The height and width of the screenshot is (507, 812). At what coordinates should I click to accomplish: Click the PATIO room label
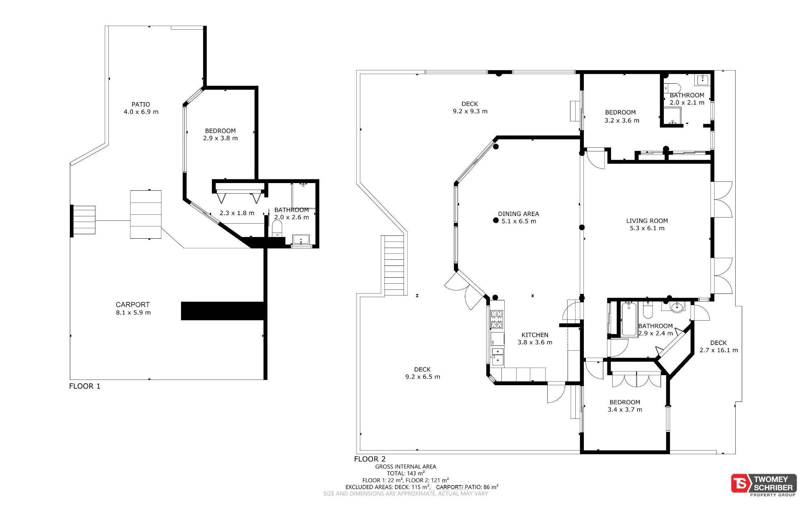(x=141, y=104)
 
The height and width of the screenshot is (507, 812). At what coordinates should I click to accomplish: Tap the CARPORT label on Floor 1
(x=133, y=304)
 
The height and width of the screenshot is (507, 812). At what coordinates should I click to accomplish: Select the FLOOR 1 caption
(x=84, y=386)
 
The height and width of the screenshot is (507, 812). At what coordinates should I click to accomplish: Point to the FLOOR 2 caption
(x=370, y=459)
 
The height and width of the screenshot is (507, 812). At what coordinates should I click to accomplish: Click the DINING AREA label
(x=518, y=214)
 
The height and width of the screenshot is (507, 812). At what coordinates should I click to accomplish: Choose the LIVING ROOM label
(x=647, y=221)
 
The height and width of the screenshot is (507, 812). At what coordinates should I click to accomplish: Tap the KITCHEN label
(x=535, y=335)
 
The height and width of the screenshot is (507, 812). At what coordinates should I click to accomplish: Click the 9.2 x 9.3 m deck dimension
(x=470, y=111)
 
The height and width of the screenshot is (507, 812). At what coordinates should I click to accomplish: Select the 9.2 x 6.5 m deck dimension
(x=423, y=377)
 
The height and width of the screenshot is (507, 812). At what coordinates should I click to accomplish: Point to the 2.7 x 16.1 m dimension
(x=719, y=350)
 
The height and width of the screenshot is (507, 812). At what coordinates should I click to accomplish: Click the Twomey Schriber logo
(x=764, y=485)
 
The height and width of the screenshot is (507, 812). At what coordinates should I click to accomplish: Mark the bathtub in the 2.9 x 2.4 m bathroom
(x=629, y=319)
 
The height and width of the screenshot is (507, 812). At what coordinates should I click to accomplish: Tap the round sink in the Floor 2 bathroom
(x=677, y=307)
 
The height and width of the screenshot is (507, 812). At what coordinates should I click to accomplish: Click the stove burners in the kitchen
(x=497, y=319)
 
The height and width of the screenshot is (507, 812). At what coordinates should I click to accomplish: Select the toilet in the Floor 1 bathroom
(x=277, y=229)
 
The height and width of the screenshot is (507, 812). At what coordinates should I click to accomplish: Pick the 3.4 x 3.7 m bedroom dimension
(x=625, y=410)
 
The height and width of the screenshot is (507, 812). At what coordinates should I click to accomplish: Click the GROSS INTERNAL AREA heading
(x=406, y=467)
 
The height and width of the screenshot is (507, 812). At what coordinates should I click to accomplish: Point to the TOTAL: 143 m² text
(x=406, y=473)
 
